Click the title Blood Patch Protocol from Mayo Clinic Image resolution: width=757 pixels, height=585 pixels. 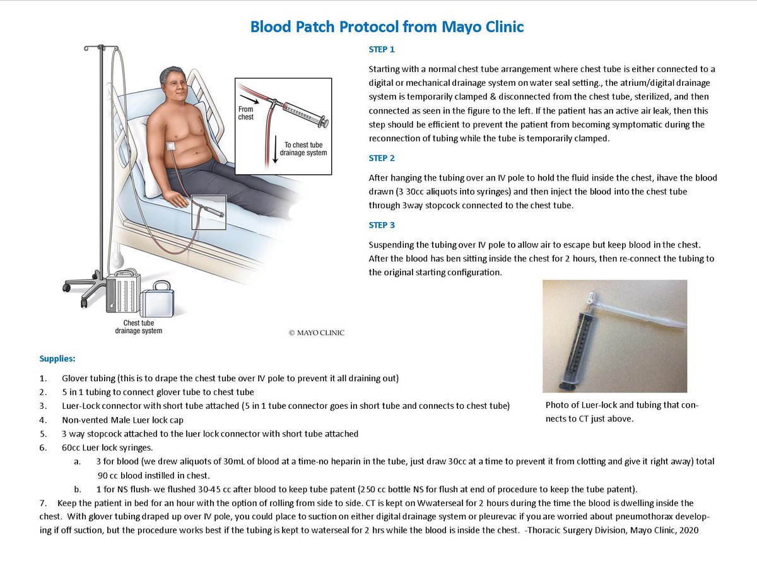pyautogui.click(x=387, y=27)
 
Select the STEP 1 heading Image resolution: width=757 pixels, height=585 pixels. pyautogui.click(x=382, y=49)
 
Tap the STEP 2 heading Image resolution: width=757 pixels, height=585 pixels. pyautogui.click(x=382, y=158)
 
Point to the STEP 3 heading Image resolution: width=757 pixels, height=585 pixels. pyautogui.click(x=382, y=225)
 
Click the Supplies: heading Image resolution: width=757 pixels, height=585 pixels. pyautogui.click(x=57, y=358)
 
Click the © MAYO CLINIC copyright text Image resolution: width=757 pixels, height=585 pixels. pyautogui.click(x=316, y=333)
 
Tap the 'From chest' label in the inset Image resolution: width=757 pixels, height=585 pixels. pyautogui.click(x=246, y=114)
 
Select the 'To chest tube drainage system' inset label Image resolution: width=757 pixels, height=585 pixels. pyautogui.click(x=302, y=149)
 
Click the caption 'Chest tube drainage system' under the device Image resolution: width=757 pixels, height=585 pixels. pyautogui.click(x=138, y=327)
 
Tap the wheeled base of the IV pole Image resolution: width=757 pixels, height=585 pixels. pyautogui.click(x=88, y=284)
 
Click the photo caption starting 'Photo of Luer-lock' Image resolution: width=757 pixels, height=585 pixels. pyautogui.click(x=621, y=411)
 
